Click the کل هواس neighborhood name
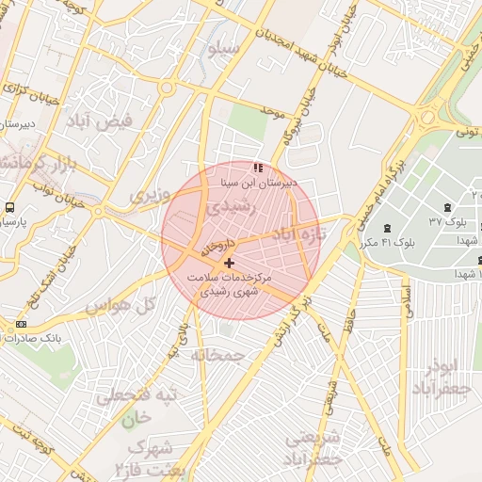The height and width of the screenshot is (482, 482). click(133, 305)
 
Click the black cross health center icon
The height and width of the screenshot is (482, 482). click(231, 261)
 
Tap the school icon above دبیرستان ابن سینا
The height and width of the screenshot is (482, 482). click(257, 168)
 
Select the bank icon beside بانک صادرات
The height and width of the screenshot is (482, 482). click(21, 324)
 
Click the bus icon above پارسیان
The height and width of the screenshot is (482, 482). click(8, 206)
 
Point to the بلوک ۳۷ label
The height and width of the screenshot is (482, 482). click(448, 221)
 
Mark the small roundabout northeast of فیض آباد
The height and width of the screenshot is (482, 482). click(167, 88)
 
